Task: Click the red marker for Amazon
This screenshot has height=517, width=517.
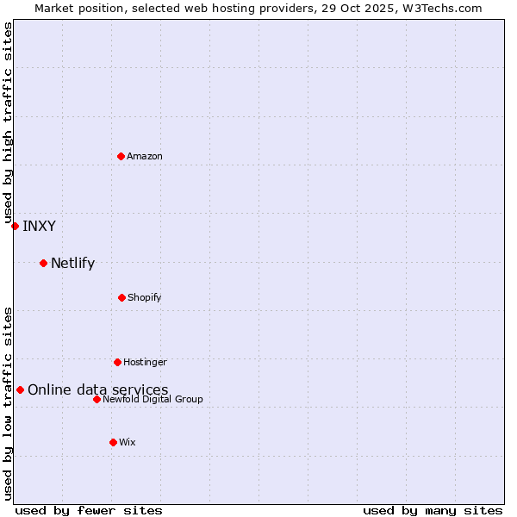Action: coord(121,156)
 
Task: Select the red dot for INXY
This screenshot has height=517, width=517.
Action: coord(15,226)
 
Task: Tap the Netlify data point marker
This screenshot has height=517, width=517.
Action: coord(43,263)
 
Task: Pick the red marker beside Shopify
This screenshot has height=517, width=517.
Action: coord(121,297)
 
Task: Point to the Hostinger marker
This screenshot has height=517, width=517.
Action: coord(117,362)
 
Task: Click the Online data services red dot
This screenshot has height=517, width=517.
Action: coord(20,389)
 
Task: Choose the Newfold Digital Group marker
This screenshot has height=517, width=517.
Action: coord(97,399)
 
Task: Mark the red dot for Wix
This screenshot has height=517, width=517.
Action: coord(113,442)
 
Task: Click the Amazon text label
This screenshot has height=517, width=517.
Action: coord(145,156)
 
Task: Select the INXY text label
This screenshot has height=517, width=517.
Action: coord(39,226)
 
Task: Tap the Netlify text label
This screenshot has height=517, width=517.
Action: coord(72,263)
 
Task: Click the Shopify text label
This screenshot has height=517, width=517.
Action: coord(145,297)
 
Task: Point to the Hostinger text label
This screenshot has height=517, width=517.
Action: coord(145,362)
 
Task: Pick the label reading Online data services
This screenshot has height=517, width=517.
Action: coord(98,389)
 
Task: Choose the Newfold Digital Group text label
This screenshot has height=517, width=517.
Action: coord(153,399)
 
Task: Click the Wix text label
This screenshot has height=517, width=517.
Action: coord(128,442)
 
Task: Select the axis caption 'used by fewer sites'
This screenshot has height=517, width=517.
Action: coord(89,510)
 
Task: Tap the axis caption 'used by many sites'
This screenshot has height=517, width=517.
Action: coord(433,510)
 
